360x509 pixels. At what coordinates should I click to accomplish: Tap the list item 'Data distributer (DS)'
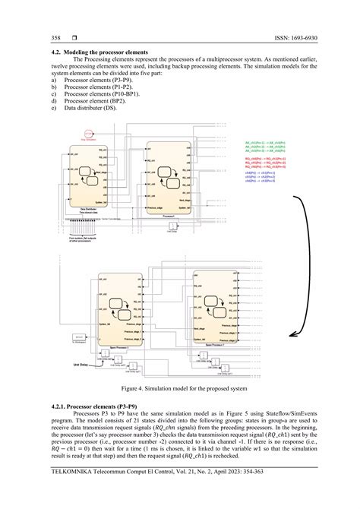coord(90,108)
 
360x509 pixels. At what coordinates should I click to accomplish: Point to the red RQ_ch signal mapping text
coord(264,163)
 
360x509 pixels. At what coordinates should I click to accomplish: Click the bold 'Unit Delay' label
coord(81,364)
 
